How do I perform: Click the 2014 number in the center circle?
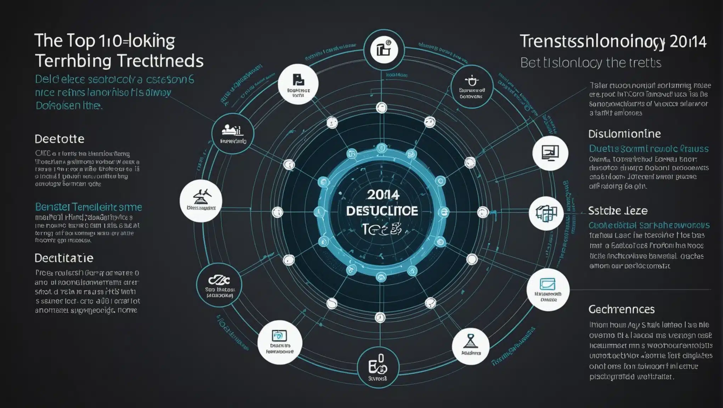click(x=383, y=194)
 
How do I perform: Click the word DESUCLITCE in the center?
click(x=382, y=211)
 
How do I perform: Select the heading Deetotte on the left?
click(x=59, y=139)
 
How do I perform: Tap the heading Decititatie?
click(x=64, y=258)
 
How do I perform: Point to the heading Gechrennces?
click(x=621, y=310)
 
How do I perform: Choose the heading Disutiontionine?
click(x=624, y=134)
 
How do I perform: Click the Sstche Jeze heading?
click(x=618, y=211)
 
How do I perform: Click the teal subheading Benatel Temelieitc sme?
click(x=88, y=207)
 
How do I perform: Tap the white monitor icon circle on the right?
click(x=550, y=153)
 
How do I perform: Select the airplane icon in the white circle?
click(x=201, y=201)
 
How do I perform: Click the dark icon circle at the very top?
click(x=384, y=50)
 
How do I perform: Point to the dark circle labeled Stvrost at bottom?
click(x=378, y=367)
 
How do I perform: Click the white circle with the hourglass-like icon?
click(x=471, y=346)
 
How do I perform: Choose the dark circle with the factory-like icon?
click(x=233, y=133)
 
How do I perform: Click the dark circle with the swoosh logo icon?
click(x=219, y=285)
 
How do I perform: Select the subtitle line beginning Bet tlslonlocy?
click(x=590, y=63)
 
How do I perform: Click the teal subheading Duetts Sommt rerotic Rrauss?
click(x=649, y=149)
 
